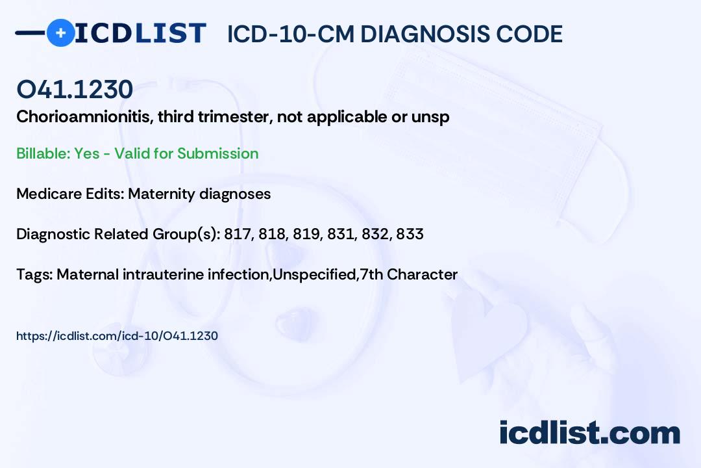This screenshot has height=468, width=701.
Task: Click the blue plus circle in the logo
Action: (x=60, y=32)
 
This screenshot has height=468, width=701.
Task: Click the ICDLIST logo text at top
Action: (x=140, y=33)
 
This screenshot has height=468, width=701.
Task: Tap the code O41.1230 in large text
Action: (x=75, y=90)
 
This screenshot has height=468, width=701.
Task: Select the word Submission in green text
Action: (x=217, y=153)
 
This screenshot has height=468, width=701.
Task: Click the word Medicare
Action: (x=46, y=194)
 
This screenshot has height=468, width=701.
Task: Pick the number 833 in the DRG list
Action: (x=410, y=234)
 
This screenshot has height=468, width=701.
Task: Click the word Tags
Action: (x=33, y=274)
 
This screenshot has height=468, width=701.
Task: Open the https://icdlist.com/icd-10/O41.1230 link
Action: (x=117, y=336)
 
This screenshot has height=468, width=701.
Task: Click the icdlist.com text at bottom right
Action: (x=589, y=432)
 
